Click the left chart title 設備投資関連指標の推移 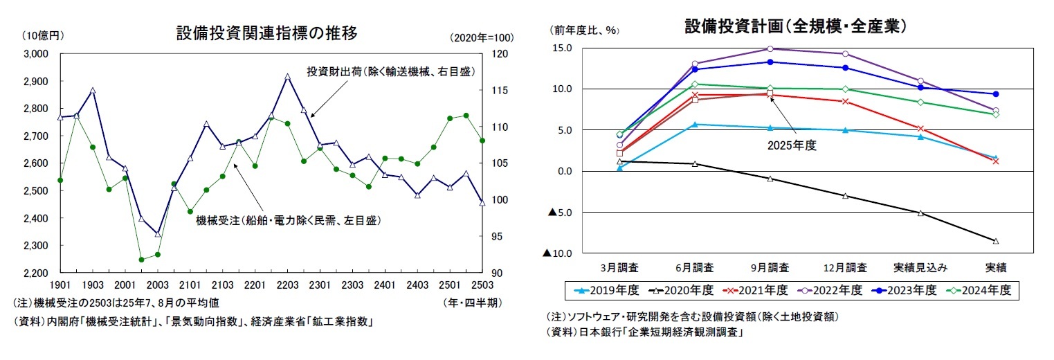coord(266,32)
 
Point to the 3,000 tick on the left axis coord(34,53)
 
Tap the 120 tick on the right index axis coord(498,53)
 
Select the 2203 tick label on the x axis coord(287,285)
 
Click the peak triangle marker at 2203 coord(287,76)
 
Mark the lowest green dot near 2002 coord(141,260)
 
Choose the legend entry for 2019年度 coord(600,290)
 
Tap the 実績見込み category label coord(920,267)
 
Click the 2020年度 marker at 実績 coord(996,241)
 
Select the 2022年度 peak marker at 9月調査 coord(770,48)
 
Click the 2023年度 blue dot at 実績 coord(996,94)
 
